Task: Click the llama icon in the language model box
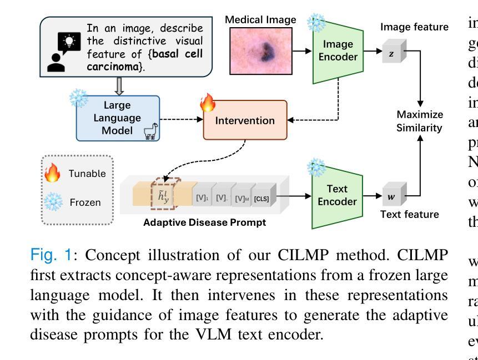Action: (149, 131)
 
